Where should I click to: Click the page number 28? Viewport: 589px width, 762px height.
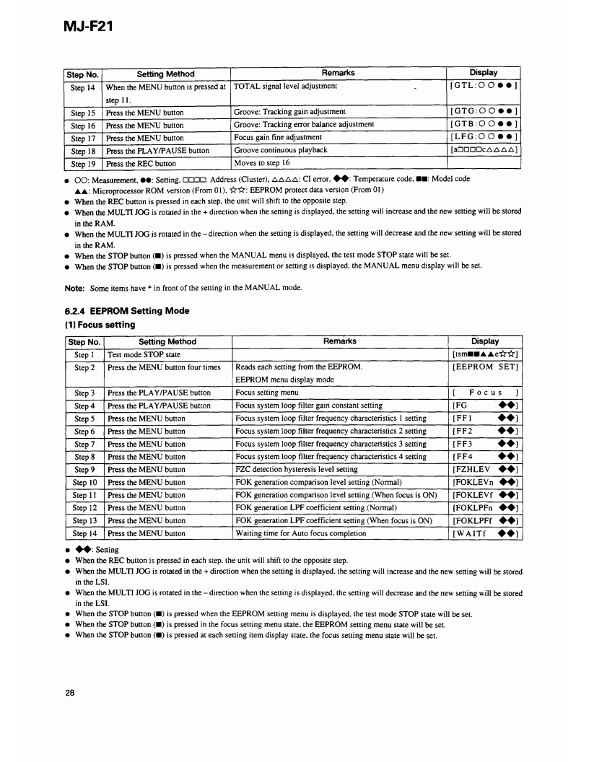70,693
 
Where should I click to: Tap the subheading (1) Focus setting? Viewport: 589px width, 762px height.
95,325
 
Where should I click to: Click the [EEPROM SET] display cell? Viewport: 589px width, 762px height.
484,367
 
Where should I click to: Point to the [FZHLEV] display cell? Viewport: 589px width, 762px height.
484,469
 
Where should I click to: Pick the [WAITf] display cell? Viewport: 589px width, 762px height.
484,534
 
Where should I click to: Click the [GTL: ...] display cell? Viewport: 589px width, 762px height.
484,87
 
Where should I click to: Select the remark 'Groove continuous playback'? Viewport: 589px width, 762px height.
281,150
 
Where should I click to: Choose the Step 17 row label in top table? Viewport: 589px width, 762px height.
83,138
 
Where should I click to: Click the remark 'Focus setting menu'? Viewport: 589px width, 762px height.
267,393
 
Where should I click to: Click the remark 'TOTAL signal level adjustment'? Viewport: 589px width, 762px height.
286,87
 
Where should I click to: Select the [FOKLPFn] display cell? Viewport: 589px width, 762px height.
484,507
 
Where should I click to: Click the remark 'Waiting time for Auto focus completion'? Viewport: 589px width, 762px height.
301,534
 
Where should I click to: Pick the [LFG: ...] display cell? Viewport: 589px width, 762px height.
484,138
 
